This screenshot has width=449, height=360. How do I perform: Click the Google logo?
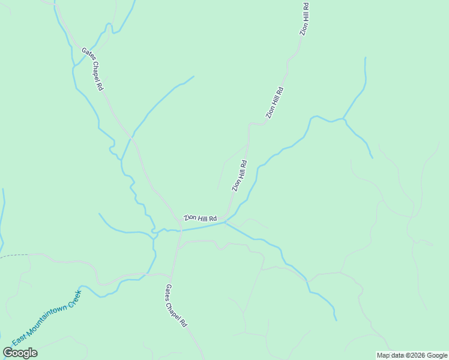tap(20, 353)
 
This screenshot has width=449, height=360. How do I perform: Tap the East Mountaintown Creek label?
tap(46, 318)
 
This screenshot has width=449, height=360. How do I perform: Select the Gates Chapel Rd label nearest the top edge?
tap(92, 70)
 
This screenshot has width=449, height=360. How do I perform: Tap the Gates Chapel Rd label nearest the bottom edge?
tap(176, 306)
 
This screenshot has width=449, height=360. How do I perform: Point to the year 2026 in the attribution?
tap(417, 356)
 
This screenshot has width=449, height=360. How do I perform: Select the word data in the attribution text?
tap(397, 356)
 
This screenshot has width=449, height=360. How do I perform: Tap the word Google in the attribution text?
tap(437, 356)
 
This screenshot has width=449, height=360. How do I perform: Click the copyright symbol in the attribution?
tap(406, 356)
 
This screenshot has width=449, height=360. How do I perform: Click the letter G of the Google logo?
tap(8, 353)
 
